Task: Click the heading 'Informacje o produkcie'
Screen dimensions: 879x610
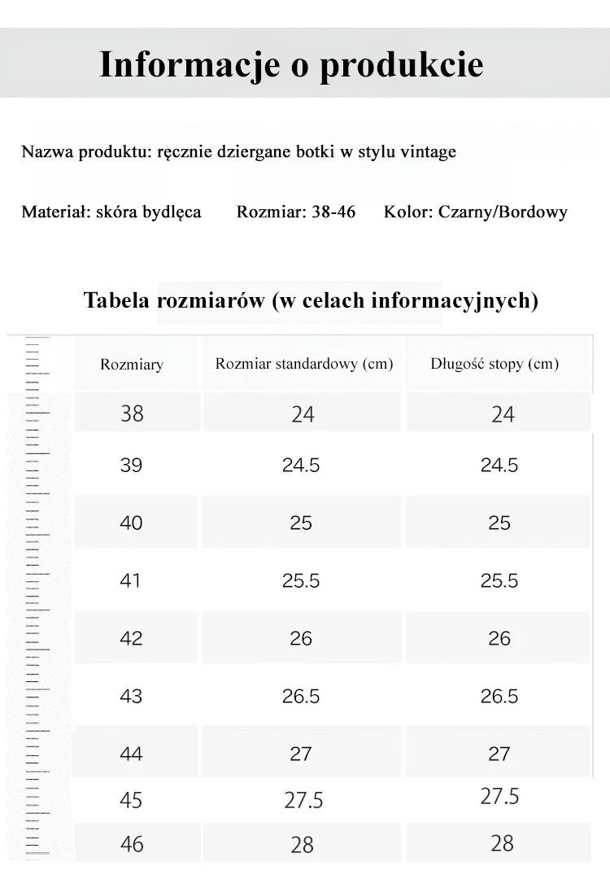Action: pyautogui.click(x=291, y=64)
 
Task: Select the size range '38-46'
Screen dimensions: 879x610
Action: pyautogui.click(x=333, y=212)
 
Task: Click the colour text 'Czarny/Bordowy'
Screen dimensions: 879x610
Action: pyautogui.click(x=502, y=212)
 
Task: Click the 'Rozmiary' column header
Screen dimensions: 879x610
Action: pyautogui.click(x=132, y=364)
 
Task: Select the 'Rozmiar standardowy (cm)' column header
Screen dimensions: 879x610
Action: pyautogui.click(x=303, y=363)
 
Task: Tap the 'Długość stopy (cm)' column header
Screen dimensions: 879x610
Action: pyautogui.click(x=495, y=363)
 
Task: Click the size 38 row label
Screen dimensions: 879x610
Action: pyautogui.click(x=132, y=413)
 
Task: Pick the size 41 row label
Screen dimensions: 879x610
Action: pyautogui.click(x=131, y=580)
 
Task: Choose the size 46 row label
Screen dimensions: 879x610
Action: pyautogui.click(x=132, y=843)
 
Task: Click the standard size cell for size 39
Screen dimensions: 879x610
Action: pyautogui.click(x=301, y=466)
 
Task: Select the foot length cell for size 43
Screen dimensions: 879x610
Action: pyautogui.click(x=499, y=696)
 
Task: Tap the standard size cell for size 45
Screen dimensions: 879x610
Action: pyautogui.click(x=303, y=800)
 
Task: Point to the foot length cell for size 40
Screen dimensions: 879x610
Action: pyautogui.click(x=499, y=523)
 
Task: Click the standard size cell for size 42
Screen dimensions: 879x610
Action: pyautogui.click(x=301, y=638)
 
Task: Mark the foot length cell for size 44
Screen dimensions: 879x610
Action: pyautogui.click(x=499, y=754)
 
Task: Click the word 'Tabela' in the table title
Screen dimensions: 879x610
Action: pyautogui.click(x=116, y=301)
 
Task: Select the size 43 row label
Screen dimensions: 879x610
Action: pyautogui.click(x=131, y=696)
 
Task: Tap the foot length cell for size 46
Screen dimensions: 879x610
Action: pyautogui.click(x=503, y=843)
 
